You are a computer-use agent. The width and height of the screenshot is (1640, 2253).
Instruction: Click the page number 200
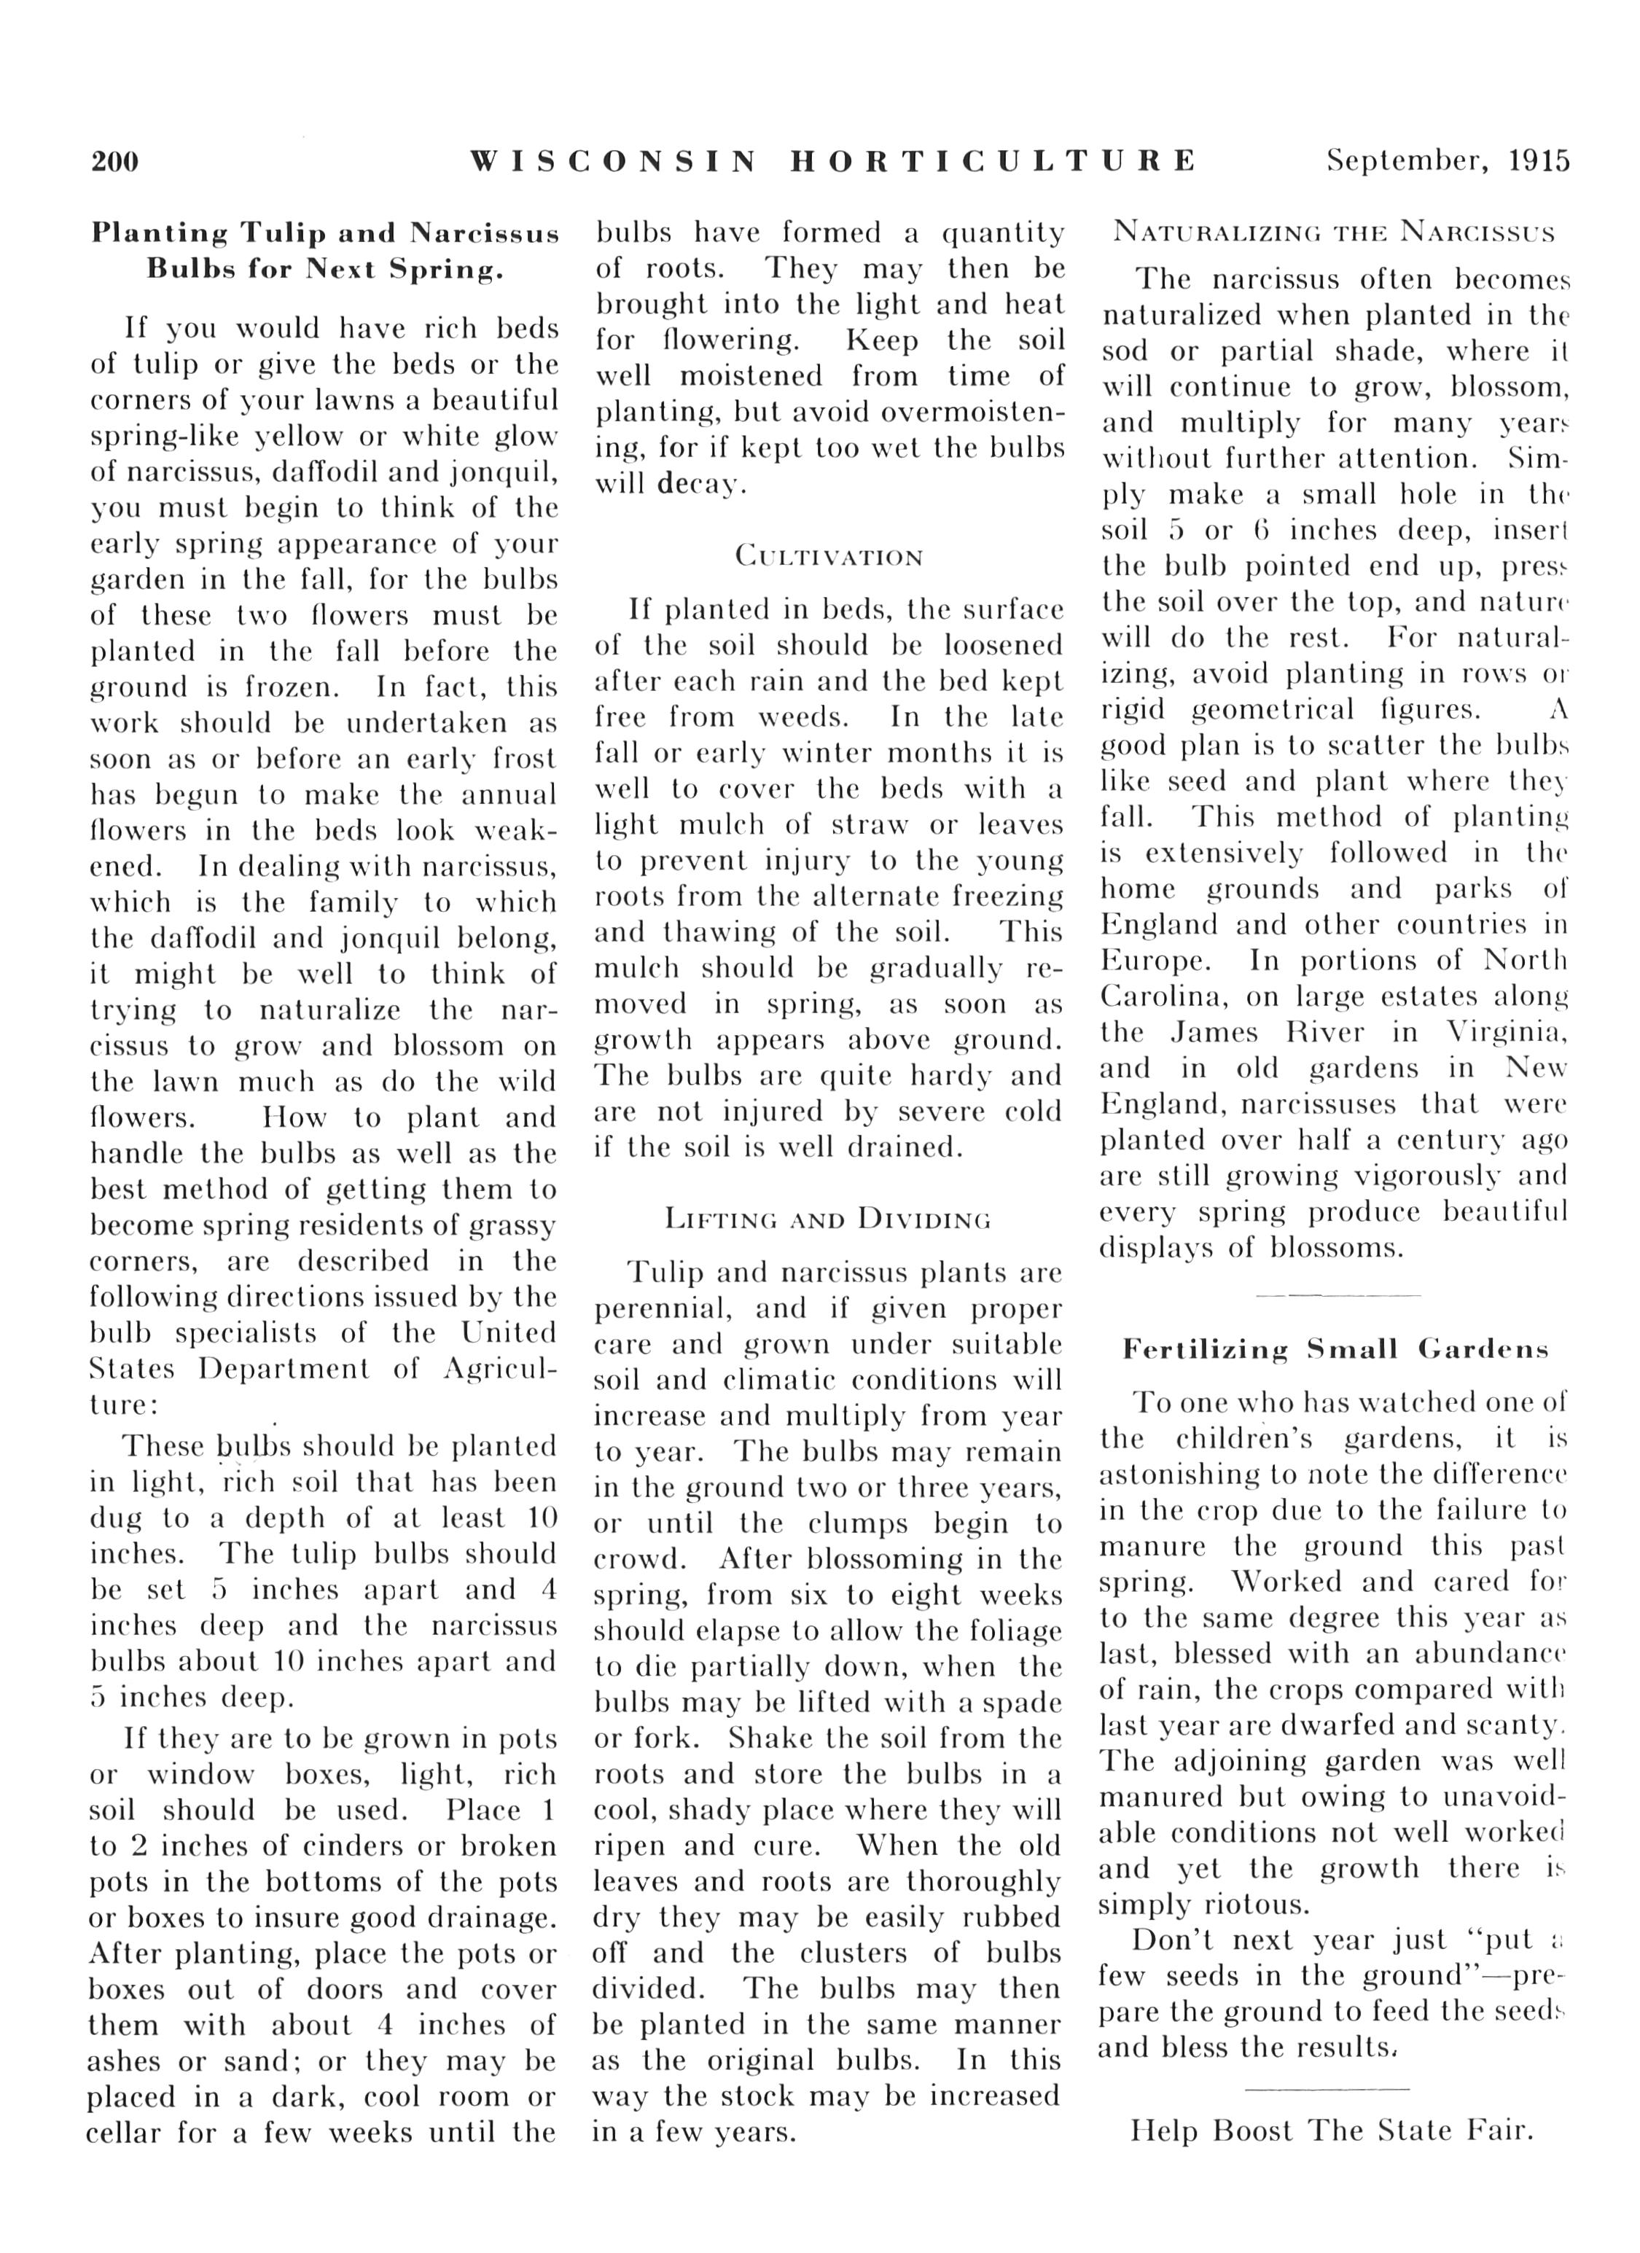coord(115,161)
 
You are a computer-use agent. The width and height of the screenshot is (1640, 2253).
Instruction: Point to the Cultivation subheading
coord(829,556)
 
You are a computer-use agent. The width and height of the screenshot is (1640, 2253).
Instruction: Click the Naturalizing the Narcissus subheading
coord(1334,233)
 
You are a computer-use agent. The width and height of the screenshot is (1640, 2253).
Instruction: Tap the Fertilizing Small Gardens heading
coord(1335,1349)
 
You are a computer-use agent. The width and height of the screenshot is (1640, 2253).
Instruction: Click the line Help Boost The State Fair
coord(1332,2130)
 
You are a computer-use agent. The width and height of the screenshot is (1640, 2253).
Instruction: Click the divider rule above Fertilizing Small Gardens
coord(1337,1295)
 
